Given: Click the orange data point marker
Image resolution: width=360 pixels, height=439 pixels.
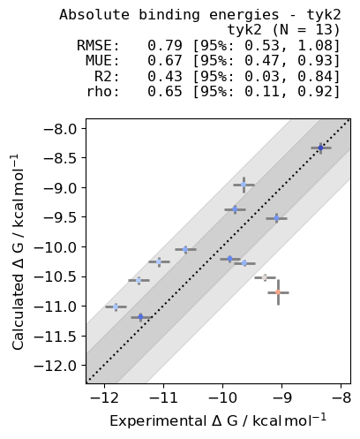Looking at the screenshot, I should pyautogui.click(x=278, y=291).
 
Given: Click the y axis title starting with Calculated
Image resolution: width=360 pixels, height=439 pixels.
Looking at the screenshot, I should pyautogui.click(x=19, y=251).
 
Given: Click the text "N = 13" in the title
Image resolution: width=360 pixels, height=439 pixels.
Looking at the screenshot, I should pyautogui.click(x=305, y=30).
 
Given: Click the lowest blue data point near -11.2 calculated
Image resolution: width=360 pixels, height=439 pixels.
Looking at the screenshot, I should pyautogui.click(x=140, y=316).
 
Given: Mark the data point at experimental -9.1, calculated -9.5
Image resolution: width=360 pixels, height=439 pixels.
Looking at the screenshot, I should pyautogui.click(x=276, y=217).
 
